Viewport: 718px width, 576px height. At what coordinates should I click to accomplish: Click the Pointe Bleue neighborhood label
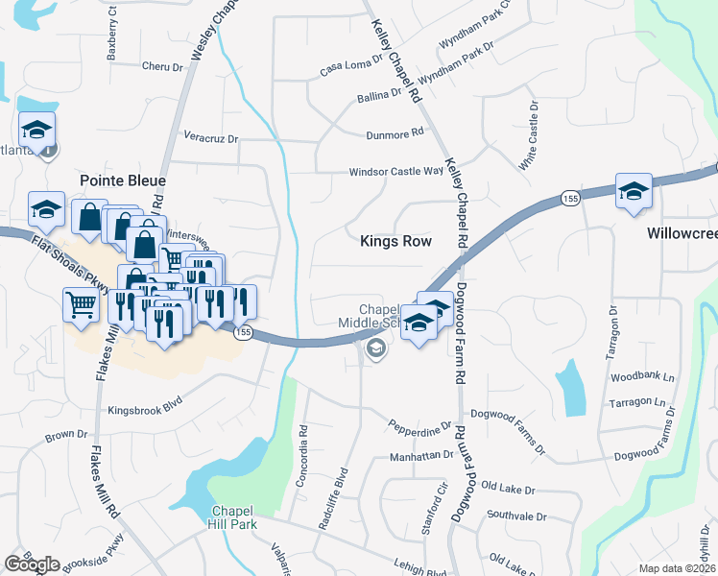pyautogui.click(x=122, y=180)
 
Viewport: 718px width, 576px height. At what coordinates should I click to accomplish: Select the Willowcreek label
pyautogui.click(x=682, y=233)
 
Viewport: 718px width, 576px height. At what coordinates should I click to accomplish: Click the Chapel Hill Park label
pyautogui.click(x=231, y=516)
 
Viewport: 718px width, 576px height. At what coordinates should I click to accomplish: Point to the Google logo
pyautogui.click(x=32, y=564)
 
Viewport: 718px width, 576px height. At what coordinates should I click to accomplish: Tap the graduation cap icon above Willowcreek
pyautogui.click(x=634, y=191)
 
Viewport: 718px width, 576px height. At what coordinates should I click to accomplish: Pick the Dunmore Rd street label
pyautogui.click(x=395, y=134)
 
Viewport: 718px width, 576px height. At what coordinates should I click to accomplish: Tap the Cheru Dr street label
pyautogui.click(x=161, y=67)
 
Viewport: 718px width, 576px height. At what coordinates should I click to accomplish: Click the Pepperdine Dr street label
pyautogui.click(x=419, y=423)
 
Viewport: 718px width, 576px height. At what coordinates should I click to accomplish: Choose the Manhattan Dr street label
pyautogui.click(x=420, y=457)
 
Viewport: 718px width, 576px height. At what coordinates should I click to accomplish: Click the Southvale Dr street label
pyautogui.click(x=515, y=516)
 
